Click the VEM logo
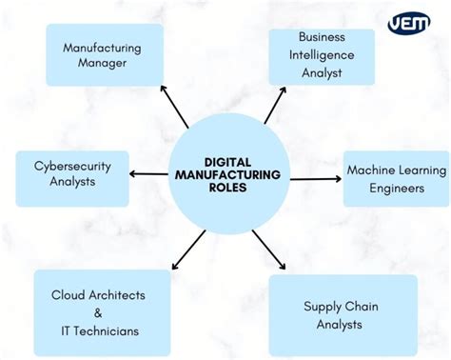[x=409, y=23]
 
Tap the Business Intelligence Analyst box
[x=321, y=55]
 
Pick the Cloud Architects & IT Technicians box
[x=102, y=312]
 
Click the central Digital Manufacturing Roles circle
[x=228, y=176]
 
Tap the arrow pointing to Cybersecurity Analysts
[x=147, y=173]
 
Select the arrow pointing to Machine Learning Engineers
[x=314, y=177]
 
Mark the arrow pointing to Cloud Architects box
[x=187, y=250]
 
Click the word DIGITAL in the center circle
[x=228, y=162]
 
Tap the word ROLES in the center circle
[x=228, y=189]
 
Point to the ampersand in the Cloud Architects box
[x=99, y=312]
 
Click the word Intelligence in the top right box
[x=321, y=55]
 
